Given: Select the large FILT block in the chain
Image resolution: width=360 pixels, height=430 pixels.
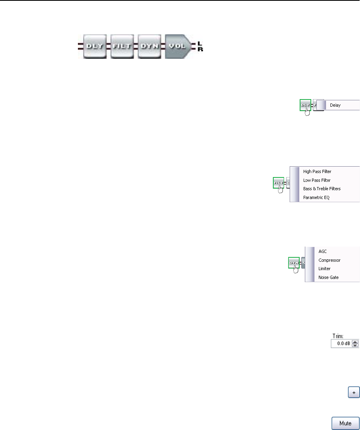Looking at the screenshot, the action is click(x=122, y=46).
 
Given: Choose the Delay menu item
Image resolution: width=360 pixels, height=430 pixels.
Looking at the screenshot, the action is click(x=335, y=106).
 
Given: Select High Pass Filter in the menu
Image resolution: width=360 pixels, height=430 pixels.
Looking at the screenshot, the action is click(x=317, y=171).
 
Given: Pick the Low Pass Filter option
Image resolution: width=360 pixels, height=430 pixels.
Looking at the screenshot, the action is click(x=317, y=180).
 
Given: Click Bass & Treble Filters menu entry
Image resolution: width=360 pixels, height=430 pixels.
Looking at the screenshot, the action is click(x=322, y=189).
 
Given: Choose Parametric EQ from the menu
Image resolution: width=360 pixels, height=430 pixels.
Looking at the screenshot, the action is click(x=316, y=197).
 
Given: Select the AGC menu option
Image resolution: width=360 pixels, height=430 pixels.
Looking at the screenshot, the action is click(x=322, y=252).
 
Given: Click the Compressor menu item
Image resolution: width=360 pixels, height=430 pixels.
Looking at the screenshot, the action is click(x=329, y=260).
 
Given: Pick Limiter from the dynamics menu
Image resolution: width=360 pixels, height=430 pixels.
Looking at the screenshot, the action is click(x=324, y=269).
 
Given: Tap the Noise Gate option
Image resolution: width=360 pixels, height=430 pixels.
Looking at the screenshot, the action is click(x=328, y=277).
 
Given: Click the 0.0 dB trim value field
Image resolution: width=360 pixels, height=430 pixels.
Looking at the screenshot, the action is click(x=341, y=343).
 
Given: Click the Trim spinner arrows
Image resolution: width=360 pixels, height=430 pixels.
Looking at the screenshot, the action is click(x=356, y=343).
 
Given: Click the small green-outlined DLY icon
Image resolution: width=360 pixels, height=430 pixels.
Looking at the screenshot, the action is click(x=305, y=105).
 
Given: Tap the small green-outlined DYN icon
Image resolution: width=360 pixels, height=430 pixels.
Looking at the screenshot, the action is click(x=294, y=263).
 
